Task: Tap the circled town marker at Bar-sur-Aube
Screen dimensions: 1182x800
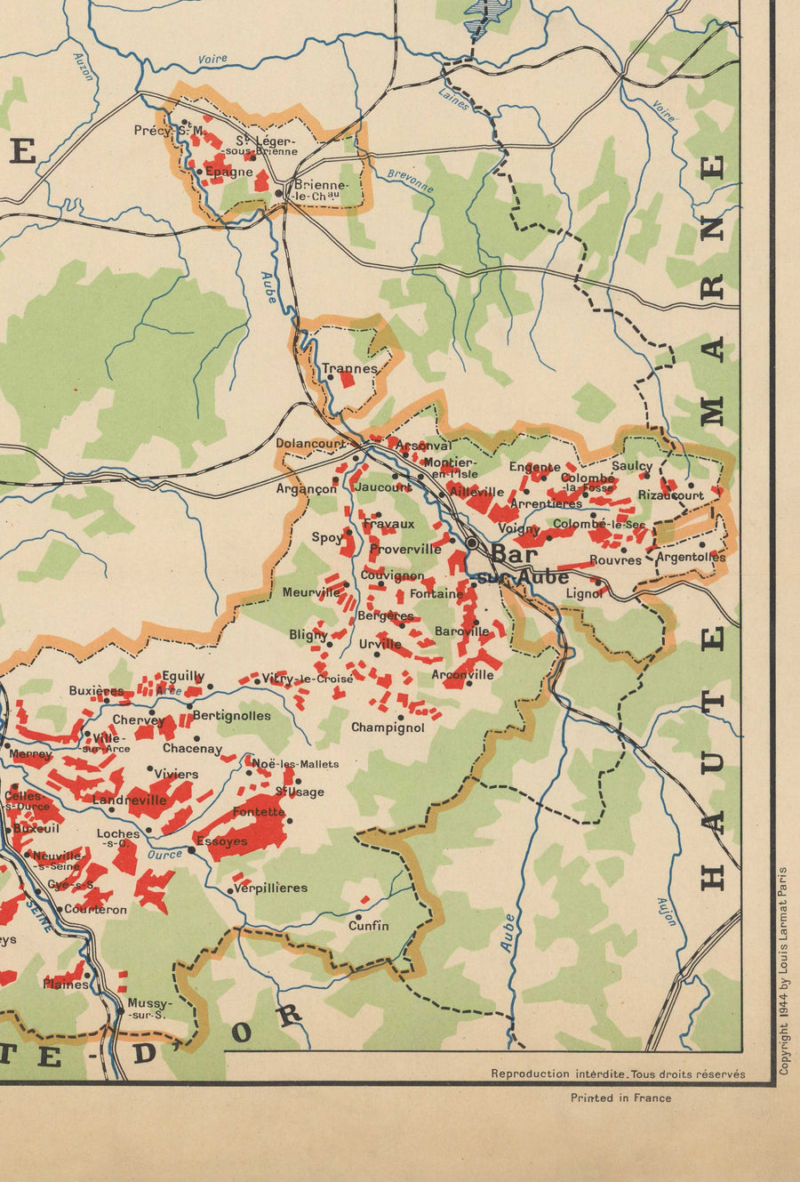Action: tap(472, 542)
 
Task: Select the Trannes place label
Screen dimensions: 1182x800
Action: tap(349, 368)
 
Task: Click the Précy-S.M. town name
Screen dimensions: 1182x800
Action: tap(169, 131)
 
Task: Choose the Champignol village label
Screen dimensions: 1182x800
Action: tap(388, 728)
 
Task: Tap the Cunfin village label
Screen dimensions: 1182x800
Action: tap(368, 926)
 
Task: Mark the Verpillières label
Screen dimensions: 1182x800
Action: tap(270, 888)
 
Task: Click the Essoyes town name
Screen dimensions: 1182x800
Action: tap(221, 840)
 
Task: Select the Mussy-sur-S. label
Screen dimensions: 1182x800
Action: tap(147, 1009)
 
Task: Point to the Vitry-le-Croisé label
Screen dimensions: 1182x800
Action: tap(307, 679)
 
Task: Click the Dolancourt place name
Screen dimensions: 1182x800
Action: tap(310, 443)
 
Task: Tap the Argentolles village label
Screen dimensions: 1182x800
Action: tap(691, 558)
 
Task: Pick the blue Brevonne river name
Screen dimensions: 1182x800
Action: tap(411, 181)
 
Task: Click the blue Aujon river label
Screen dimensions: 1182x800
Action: tap(667, 912)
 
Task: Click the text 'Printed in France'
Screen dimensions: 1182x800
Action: tap(620, 1098)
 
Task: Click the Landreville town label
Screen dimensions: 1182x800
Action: tap(130, 800)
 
